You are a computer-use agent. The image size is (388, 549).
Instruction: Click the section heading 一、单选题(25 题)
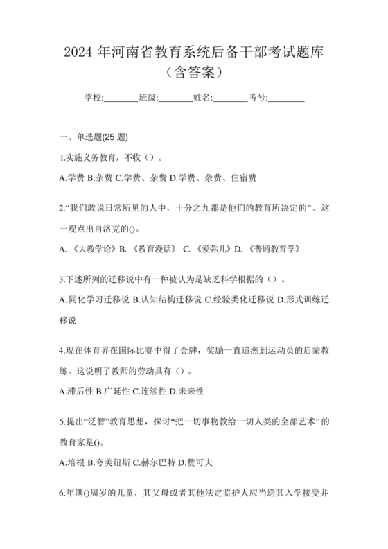(94, 137)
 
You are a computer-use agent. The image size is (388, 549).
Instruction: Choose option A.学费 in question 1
(72, 177)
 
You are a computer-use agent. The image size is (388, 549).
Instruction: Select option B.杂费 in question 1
(100, 177)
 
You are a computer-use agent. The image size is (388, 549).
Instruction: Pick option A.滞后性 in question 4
(76, 391)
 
